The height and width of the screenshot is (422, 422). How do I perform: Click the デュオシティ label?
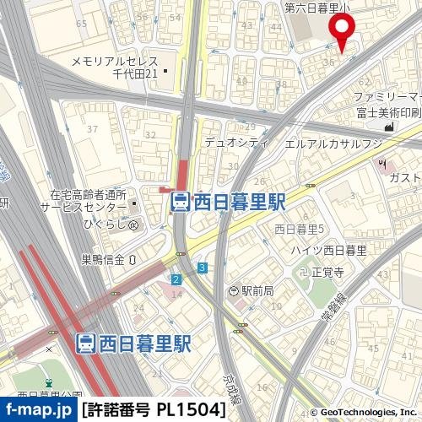(x=227, y=143)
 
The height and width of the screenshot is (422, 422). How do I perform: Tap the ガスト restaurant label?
(x=404, y=177)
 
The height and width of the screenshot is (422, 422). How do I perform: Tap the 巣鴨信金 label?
(x=103, y=258)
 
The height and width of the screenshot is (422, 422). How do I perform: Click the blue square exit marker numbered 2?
(x=176, y=279)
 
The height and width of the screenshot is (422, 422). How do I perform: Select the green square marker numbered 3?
(x=203, y=268)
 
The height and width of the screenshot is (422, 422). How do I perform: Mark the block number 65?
(x=81, y=24)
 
